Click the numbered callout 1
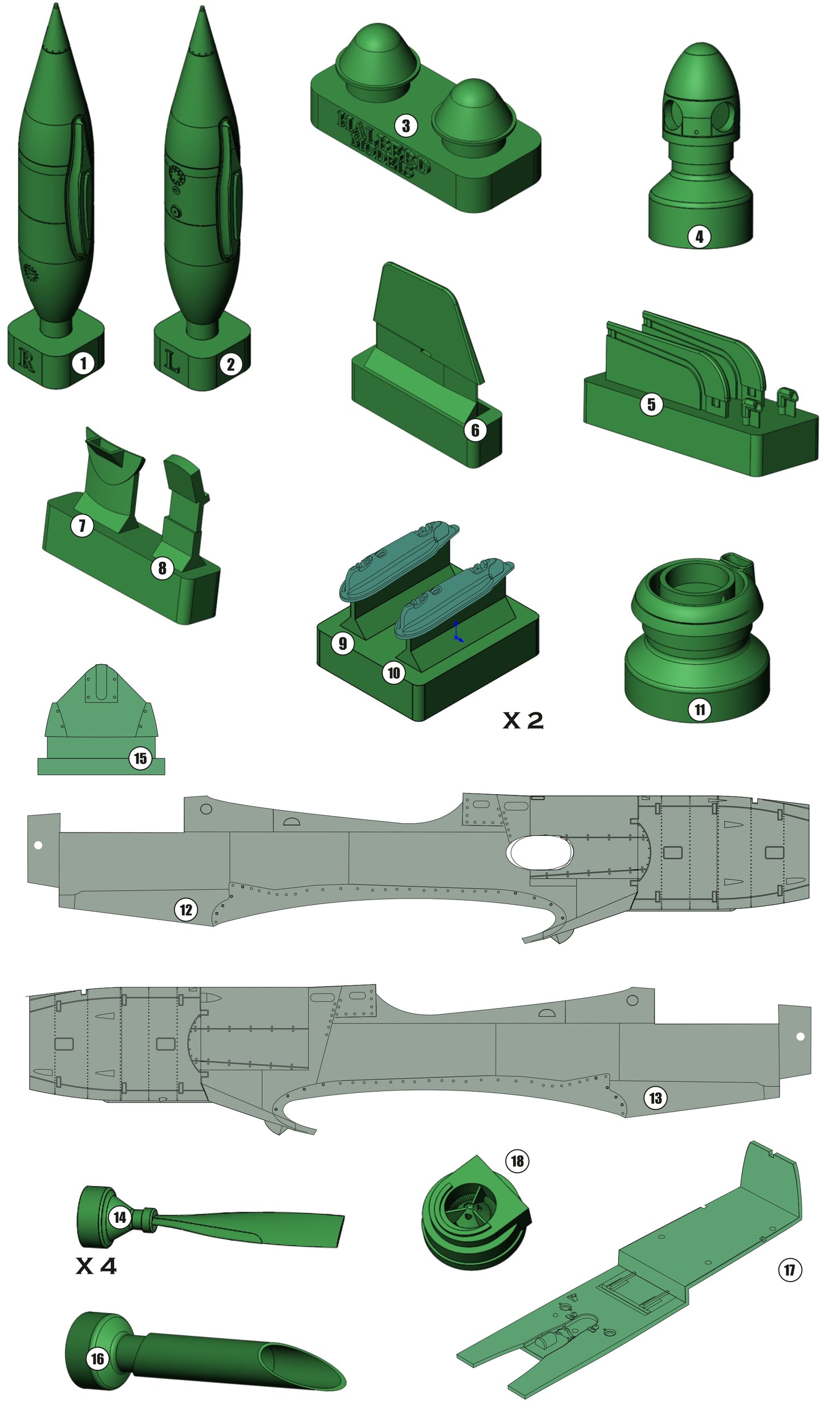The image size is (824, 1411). tap(83, 363)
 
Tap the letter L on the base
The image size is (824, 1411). tap(172, 361)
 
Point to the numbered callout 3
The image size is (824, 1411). tap(405, 125)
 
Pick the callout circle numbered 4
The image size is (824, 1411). tap(699, 236)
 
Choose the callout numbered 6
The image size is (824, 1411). tap(475, 430)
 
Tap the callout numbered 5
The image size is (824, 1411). tap(651, 404)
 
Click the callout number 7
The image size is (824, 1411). tap(82, 525)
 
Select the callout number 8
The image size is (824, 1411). tap(163, 568)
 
